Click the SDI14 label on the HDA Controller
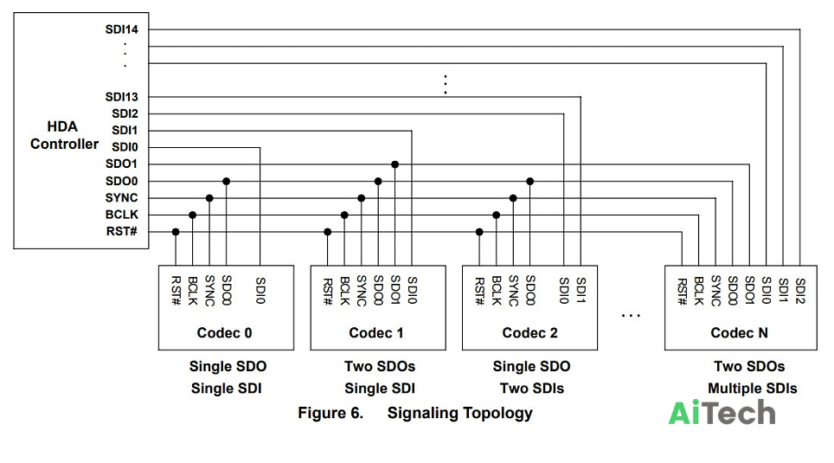pos(121,29)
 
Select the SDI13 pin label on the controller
pos(121,97)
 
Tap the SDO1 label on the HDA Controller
pos(121,164)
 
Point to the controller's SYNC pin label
pos(121,198)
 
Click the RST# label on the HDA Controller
pos(122,232)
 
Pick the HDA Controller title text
pos(64,135)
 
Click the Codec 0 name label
pos(224,333)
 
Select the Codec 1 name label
pos(376,333)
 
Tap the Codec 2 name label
pos(529,333)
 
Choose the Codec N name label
pos(740,333)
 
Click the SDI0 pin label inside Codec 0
pos(260,290)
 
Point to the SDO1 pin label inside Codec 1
pos(395,290)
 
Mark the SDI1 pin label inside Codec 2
pos(581,290)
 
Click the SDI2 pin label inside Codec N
pos(800,291)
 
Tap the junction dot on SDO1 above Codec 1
pos(395,164)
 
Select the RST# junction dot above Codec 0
pos(176,232)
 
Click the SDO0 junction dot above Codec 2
pos(529,182)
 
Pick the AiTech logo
pos(722,413)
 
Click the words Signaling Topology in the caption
pos(460,414)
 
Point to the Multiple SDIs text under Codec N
pos(752,389)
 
